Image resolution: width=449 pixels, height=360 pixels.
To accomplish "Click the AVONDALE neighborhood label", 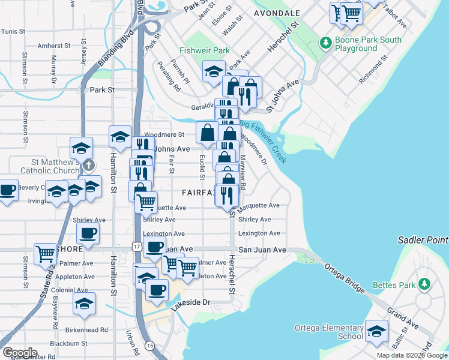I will [277, 13].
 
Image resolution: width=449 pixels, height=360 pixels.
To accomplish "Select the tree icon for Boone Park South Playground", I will [326, 42].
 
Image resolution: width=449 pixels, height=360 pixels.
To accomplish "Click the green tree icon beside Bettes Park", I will [424, 283].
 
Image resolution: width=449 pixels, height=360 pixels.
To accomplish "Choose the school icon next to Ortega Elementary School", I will [376, 331].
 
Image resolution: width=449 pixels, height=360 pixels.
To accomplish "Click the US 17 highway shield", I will [137, 247].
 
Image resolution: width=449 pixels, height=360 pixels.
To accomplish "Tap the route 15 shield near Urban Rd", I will [149, 346].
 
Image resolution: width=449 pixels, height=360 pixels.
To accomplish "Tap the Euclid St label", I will [202, 167].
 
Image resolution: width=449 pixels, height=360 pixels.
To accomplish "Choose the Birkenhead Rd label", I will [88, 329].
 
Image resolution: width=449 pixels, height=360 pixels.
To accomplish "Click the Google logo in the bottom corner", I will [19, 353].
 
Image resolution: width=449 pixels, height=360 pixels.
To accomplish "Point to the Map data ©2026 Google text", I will [412, 355].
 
